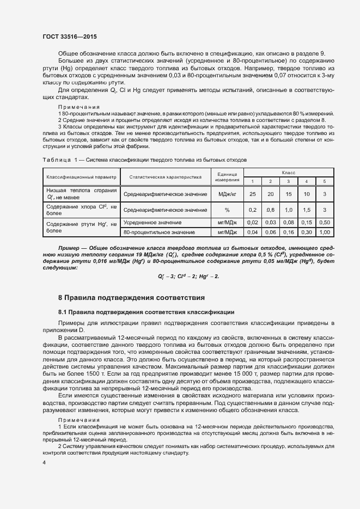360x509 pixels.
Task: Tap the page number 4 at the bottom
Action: tap(44, 463)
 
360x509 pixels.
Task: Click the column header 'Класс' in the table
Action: tap(289, 172)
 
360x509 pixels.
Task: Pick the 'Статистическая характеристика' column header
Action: tap(165, 177)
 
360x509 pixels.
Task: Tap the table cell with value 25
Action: tap(252, 194)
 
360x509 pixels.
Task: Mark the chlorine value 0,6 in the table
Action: tap(270, 210)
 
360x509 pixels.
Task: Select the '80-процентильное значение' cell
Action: tap(157, 232)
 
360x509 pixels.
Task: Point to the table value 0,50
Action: tap(325, 222)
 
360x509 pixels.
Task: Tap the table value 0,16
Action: tap(288, 232)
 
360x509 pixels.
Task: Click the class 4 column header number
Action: tap(307, 181)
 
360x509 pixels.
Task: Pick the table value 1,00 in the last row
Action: tap(325, 232)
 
